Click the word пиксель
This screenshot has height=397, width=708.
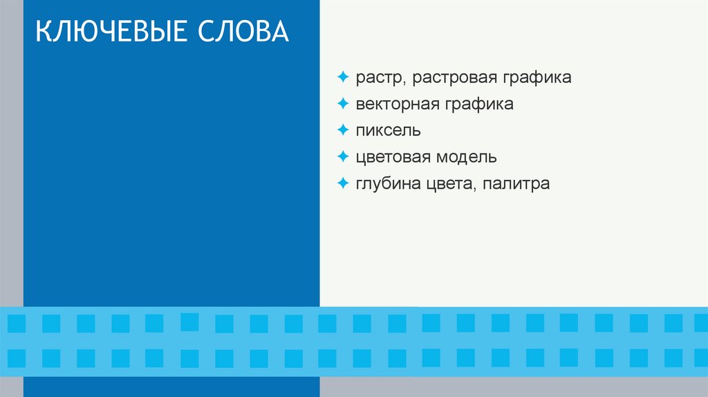388,131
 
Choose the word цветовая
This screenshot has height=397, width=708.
393,158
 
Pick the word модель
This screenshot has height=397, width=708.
466,157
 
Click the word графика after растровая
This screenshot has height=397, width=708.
537,78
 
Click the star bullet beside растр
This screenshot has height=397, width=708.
343,76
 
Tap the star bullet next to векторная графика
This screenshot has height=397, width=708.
343,103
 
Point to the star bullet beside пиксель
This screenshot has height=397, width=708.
343,130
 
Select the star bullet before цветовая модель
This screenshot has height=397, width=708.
343,156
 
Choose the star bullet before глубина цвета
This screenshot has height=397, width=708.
343,183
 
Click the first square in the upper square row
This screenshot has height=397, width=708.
16,323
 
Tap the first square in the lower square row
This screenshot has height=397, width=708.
16,358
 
